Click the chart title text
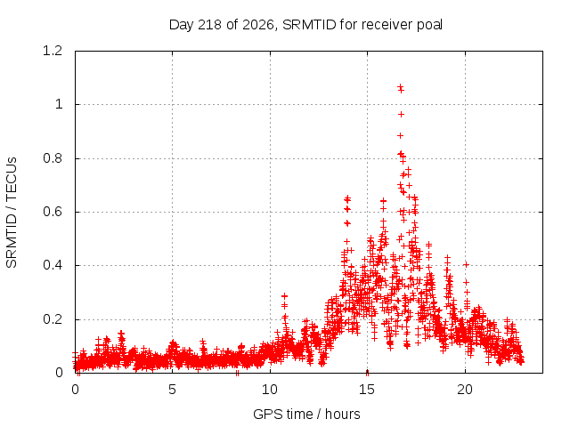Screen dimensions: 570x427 tap(305, 25)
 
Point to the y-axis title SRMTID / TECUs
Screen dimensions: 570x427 tap(12, 213)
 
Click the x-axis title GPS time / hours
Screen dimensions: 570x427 tap(306, 414)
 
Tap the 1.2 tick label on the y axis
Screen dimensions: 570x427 tap(53, 51)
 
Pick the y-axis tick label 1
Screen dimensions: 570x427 tap(59, 105)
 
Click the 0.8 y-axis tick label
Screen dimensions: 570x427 tap(53, 158)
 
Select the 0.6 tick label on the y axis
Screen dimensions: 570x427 tap(53, 212)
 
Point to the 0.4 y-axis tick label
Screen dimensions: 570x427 tap(53, 265)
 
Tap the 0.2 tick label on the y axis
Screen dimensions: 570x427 tap(53, 319)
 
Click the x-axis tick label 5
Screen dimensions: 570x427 tap(172, 390)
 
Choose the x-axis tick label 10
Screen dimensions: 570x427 tap(270, 390)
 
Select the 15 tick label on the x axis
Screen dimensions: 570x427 tap(367, 390)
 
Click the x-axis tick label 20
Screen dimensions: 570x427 tap(465, 390)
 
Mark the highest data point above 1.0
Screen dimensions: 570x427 tap(400, 87)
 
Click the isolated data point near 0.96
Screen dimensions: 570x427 tap(401, 115)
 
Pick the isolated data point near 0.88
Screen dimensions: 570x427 tap(400, 136)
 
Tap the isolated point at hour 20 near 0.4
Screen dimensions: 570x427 tap(466, 265)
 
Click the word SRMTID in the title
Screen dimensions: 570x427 tap(309, 25)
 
